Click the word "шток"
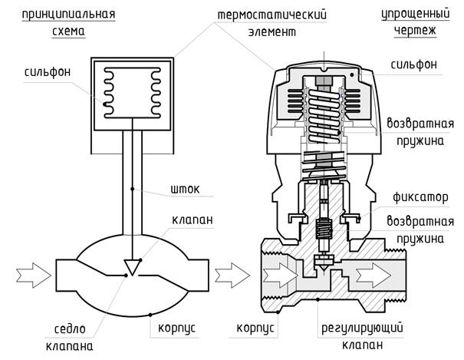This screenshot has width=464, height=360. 185,190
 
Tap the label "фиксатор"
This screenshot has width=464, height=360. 420,197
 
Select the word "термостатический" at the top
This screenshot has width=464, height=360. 272,15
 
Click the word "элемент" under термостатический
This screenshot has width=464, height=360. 272,31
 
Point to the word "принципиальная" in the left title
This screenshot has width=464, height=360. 69,15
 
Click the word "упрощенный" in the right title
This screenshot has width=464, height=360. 416,14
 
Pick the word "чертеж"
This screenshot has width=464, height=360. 415,31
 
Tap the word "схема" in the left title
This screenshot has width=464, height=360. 69,31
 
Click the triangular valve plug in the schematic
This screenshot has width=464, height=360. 132,266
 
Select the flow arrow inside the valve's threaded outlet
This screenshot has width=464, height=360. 374,276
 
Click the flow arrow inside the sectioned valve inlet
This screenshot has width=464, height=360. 280,276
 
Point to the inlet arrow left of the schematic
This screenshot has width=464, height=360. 34,276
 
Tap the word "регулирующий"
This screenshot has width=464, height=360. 362,329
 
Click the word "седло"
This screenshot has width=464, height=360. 70,329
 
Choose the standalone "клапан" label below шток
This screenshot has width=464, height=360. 193,220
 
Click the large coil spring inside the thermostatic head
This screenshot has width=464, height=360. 324,116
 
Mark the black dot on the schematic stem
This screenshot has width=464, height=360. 132,189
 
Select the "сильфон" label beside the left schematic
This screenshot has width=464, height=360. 48,72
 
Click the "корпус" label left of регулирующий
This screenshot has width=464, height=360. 255,329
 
